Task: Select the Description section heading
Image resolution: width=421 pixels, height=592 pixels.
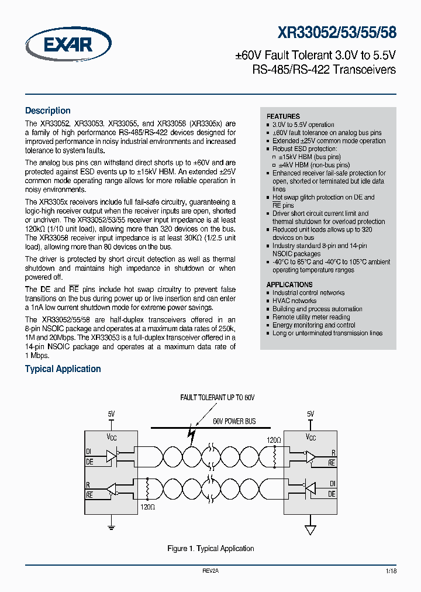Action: (47, 111)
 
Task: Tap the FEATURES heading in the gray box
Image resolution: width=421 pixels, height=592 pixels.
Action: (283, 116)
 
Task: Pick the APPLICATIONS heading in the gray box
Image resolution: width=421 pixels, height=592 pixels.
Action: (289, 285)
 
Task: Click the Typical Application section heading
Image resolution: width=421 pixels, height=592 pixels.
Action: (63, 369)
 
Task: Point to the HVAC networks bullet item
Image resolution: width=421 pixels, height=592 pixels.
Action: (294, 301)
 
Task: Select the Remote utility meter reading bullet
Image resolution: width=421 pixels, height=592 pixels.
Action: (311, 317)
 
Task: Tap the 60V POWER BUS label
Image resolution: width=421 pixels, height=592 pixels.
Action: (234, 421)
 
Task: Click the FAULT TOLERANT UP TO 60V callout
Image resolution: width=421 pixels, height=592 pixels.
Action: (217, 398)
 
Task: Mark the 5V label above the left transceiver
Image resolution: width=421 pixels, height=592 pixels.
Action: (112, 414)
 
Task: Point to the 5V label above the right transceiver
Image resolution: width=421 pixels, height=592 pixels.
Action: (310, 414)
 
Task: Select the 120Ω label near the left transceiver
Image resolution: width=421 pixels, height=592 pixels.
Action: (148, 508)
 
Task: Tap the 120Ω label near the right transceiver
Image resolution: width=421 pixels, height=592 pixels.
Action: (274, 439)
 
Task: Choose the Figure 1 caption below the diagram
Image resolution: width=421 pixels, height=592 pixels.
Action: (210, 549)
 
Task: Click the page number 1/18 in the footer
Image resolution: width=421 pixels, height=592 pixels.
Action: (391, 570)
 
